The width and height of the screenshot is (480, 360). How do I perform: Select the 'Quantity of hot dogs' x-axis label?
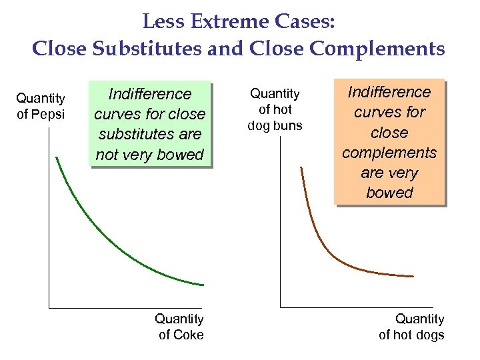[411, 327]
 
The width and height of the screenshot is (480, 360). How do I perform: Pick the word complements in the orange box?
[389, 153]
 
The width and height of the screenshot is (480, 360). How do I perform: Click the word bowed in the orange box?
[389, 193]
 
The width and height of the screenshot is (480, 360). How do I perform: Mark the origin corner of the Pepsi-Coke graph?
[49, 307]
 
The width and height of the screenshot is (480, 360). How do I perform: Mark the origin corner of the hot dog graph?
[281, 307]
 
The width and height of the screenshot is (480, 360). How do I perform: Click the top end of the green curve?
[57, 158]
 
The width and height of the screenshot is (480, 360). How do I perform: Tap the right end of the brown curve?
[413, 276]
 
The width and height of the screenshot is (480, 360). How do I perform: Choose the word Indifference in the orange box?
[389, 92]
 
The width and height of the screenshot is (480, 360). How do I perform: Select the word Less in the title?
[160, 23]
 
